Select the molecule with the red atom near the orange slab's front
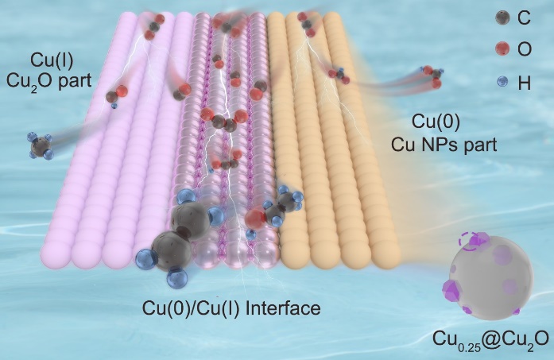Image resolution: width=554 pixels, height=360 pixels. [273, 208]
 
